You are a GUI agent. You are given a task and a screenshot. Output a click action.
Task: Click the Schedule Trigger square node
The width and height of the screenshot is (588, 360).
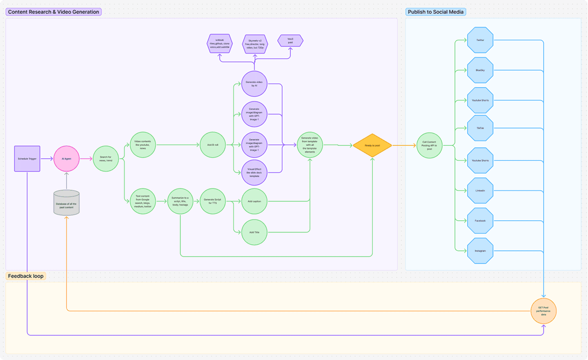click(27, 159)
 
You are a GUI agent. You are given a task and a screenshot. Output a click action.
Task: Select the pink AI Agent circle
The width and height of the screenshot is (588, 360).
click(67, 159)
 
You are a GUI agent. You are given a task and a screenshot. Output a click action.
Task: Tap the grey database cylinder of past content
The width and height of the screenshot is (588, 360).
click(67, 203)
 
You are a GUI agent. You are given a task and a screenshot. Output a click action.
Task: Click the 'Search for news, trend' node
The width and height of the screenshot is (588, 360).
click(106, 159)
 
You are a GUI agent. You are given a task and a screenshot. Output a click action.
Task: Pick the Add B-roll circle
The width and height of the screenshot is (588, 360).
click(213, 145)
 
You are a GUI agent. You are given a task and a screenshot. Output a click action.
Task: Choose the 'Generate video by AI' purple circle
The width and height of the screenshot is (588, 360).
click(254, 84)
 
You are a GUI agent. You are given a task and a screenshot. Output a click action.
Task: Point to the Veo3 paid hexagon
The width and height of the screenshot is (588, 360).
click(290, 40)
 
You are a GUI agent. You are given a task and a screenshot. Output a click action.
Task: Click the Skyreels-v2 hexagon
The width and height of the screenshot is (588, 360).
click(255, 44)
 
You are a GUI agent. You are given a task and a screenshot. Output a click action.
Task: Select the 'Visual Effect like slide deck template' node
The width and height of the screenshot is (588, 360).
click(254, 172)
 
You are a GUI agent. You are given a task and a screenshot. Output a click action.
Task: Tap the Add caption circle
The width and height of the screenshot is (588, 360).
click(254, 201)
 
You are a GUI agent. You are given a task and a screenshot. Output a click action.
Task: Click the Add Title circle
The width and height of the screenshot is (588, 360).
click(254, 232)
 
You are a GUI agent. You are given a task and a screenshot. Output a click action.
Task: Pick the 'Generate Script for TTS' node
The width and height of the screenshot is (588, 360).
click(212, 201)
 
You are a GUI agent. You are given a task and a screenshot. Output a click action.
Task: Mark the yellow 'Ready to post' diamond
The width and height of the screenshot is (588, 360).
click(372, 145)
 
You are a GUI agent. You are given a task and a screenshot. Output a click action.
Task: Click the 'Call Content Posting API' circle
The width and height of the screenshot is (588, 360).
click(429, 145)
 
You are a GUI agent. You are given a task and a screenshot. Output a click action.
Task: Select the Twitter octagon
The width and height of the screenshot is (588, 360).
click(480, 40)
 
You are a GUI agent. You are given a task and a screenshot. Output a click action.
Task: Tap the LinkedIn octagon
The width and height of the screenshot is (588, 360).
click(480, 190)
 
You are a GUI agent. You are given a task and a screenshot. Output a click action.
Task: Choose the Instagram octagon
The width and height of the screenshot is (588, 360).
click(480, 250)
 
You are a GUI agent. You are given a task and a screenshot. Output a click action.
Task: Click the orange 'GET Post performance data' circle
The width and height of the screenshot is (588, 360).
click(543, 311)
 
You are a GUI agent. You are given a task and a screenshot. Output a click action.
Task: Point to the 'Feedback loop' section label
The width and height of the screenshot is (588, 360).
click(26, 276)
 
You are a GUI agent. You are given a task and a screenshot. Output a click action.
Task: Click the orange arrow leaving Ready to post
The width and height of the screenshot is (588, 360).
click(404, 145)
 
